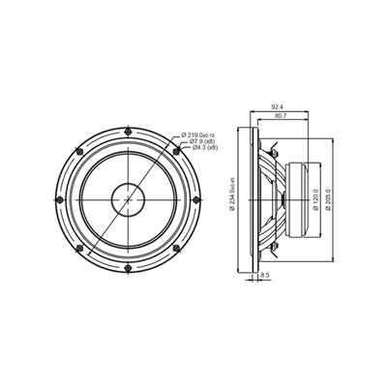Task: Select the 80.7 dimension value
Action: (281, 117)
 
